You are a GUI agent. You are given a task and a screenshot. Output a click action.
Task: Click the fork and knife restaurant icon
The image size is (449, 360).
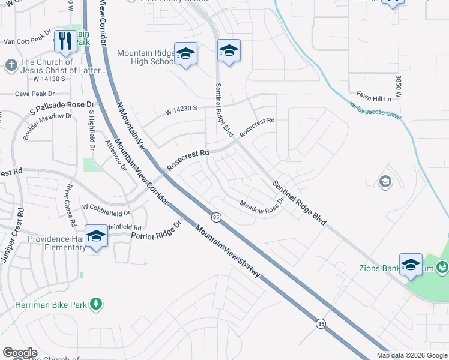click(65, 41)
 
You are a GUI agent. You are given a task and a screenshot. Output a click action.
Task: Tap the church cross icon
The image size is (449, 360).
click(11, 64)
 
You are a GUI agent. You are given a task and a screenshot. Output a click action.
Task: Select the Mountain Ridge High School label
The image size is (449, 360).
click(146, 58)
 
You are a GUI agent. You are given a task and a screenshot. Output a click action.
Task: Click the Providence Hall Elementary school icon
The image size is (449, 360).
click(96, 236)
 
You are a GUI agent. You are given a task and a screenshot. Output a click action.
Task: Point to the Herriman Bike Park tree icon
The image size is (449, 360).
click(95, 304)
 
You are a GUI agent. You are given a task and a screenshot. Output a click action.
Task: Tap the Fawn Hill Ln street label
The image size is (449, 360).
click(373, 98)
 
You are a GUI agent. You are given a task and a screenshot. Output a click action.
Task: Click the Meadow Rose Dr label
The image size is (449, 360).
click(261, 207)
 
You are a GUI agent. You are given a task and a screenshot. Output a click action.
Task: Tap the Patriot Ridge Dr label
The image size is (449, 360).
click(156, 232)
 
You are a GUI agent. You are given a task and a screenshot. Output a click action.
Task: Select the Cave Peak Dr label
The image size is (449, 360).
click(34, 94)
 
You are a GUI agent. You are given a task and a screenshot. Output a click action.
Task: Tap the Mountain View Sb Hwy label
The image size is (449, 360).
click(230, 251)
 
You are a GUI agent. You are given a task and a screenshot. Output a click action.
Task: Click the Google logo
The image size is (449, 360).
click(20, 353)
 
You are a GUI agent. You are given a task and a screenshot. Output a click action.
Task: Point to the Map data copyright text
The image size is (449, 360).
click(412, 355)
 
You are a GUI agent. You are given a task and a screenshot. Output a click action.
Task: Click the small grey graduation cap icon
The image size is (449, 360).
click(385, 181)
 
